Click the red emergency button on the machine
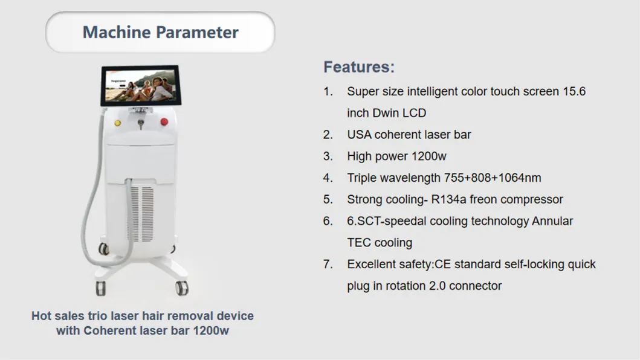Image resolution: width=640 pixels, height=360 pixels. point(163,123)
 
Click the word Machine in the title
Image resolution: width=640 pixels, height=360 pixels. point(113,32)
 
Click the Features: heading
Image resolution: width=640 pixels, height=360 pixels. point(359,66)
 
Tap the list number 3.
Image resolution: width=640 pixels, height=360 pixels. point(328,156)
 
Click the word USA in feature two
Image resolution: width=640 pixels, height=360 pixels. point(359,135)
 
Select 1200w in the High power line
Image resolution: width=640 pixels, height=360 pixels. point(428,156)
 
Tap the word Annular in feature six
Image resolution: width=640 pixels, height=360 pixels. point(552,221)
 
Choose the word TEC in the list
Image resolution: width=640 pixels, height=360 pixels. point(359,243)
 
